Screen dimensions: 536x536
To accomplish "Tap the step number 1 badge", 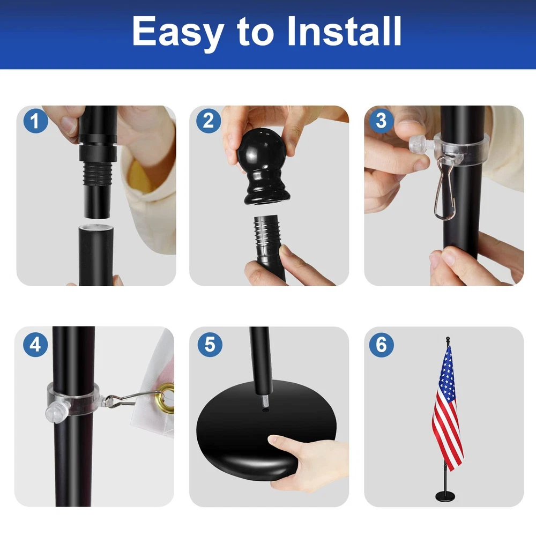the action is (x=35, y=121).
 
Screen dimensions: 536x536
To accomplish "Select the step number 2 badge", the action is (x=209, y=121).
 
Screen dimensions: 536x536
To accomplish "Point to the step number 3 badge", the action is (x=382, y=121).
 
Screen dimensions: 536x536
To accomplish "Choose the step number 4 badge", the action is (x=35, y=345).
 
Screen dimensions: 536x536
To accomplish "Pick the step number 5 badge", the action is (x=210, y=345).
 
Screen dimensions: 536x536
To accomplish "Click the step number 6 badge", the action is (x=382, y=345).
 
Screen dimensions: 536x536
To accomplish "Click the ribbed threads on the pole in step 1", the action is (x=98, y=173).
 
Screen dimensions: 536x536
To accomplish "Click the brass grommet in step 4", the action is (x=166, y=398).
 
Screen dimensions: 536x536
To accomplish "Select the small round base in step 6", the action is (x=445, y=496).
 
